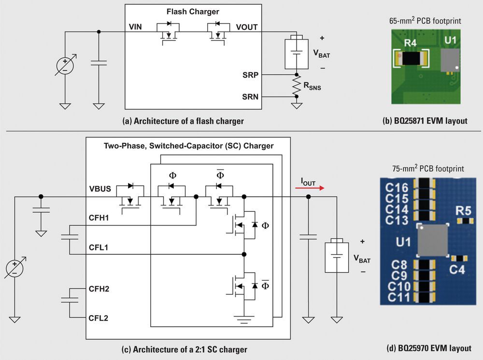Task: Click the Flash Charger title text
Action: coord(193,12)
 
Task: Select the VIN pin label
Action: coord(135,27)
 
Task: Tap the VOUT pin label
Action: coord(247,27)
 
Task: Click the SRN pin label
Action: coord(251,97)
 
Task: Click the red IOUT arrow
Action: coord(310,189)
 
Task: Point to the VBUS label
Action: coord(100,190)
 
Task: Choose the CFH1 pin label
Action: coord(99,219)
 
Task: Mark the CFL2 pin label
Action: coord(99,318)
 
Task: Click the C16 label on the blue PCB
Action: coord(397,188)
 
